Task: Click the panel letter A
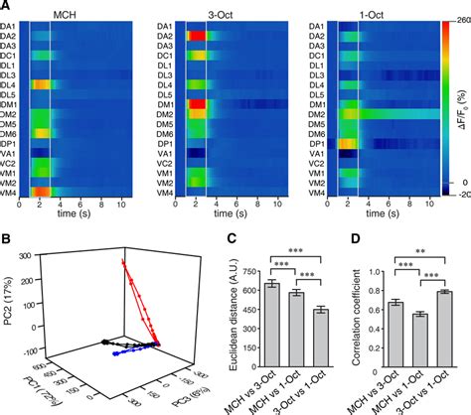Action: click(6, 7)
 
